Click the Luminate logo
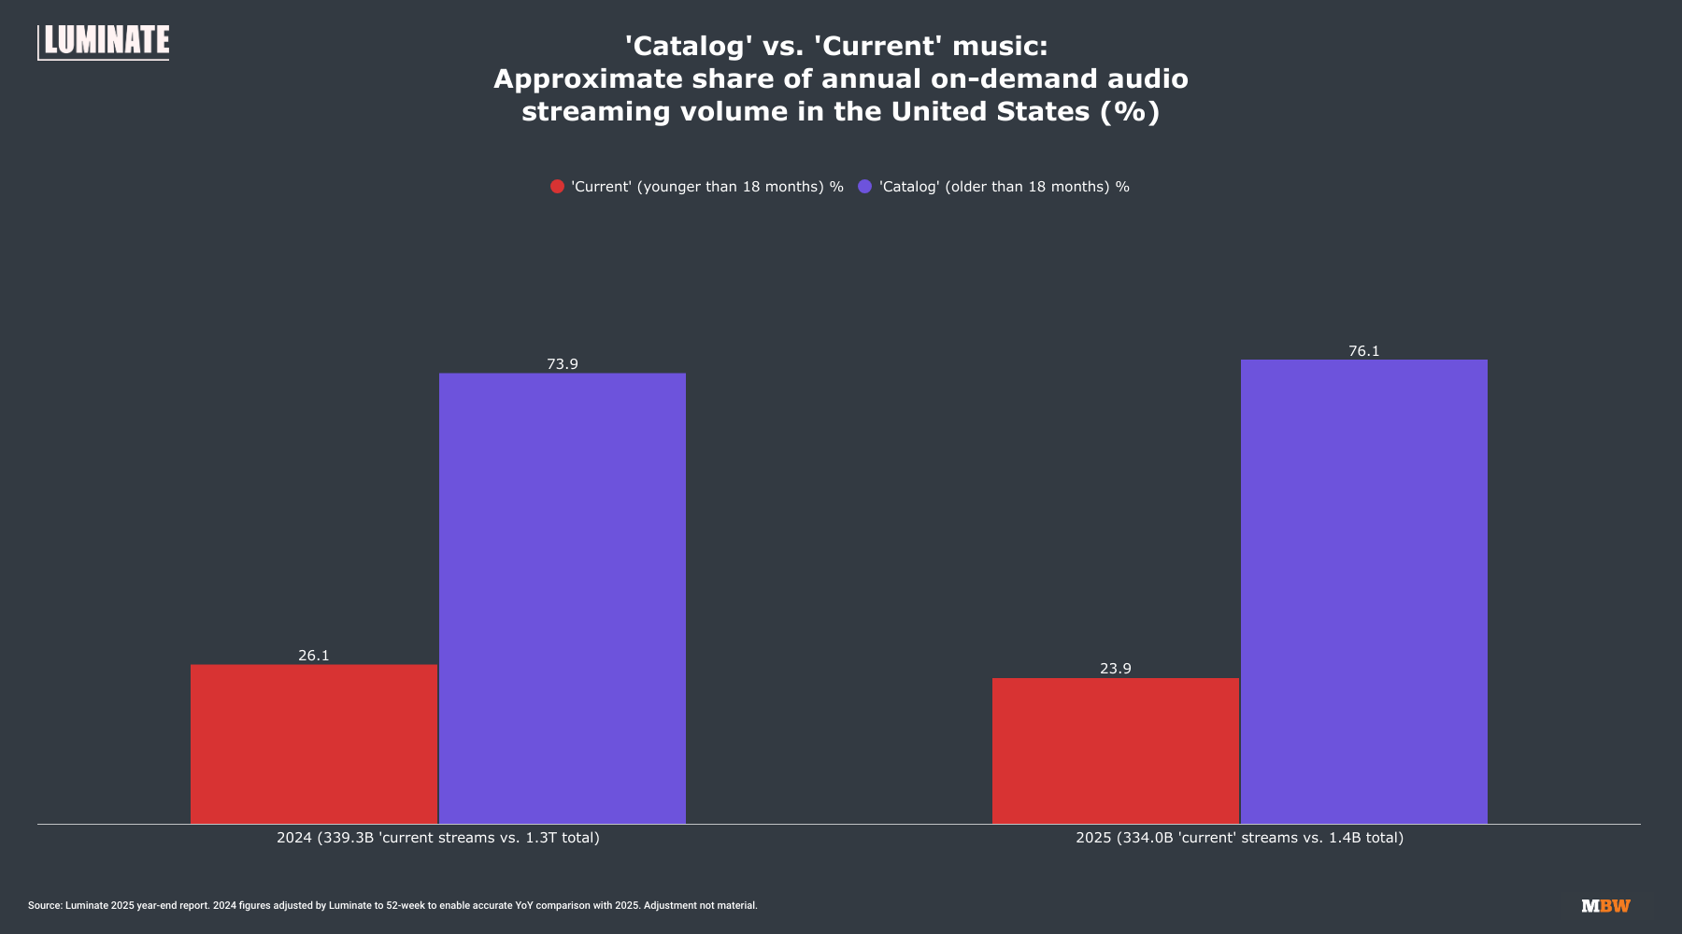coord(104,42)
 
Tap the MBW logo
coord(1605,906)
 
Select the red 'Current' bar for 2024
coord(314,743)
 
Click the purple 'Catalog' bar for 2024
coord(563,598)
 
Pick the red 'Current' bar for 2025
coord(1116,750)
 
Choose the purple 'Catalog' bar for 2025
coord(1364,591)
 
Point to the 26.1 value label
coord(314,656)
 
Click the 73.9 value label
coord(563,364)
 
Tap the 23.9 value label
coord(1116,669)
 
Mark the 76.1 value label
coord(1364,351)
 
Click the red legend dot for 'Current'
coord(558,187)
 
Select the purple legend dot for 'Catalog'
coord(865,187)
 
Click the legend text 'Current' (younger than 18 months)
coord(707,187)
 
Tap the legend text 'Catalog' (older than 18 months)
coord(1005,187)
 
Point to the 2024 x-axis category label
coord(438,838)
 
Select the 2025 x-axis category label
coord(1239,838)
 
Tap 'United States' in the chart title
coord(991,111)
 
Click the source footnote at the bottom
coord(392,906)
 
